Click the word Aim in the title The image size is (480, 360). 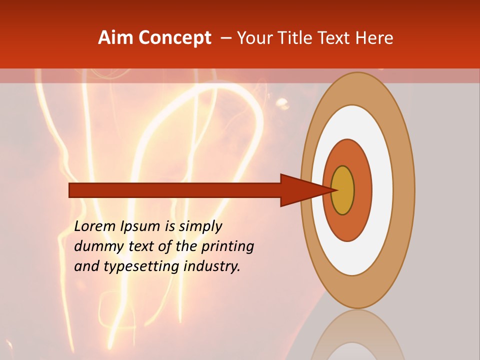[x=116, y=38]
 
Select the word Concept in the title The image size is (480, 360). [x=174, y=38]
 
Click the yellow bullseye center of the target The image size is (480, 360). [x=342, y=190]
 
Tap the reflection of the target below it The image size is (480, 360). [x=357, y=335]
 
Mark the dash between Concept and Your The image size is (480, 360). [x=226, y=38]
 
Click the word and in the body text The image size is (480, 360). [x=86, y=267]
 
